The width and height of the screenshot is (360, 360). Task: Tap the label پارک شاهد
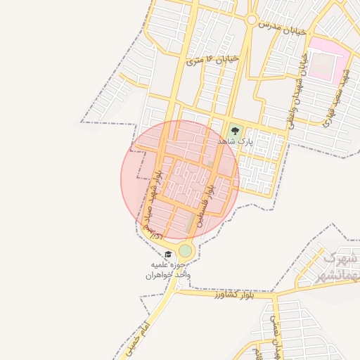pyautogui.click(x=234, y=141)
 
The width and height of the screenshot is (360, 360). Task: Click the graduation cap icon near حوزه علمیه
pyautogui.click(x=167, y=255)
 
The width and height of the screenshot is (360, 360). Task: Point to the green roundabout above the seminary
pyautogui.click(x=185, y=250)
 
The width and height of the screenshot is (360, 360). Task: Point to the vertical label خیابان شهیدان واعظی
pyautogui.click(x=297, y=91)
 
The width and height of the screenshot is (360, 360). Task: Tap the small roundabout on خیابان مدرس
pyautogui.click(x=250, y=20)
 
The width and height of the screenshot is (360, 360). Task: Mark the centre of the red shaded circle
pyautogui.click(x=180, y=180)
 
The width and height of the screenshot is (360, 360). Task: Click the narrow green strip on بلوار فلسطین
pyautogui.click(x=191, y=224)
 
